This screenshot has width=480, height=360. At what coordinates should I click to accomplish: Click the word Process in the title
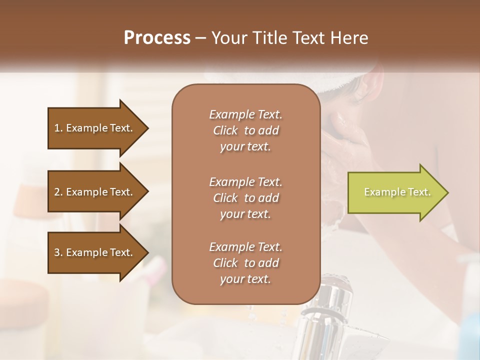coord(157,37)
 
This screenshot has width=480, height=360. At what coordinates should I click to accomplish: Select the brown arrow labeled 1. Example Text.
coord(95,128)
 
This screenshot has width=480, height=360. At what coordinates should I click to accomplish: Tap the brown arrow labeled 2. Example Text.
coord(95,192)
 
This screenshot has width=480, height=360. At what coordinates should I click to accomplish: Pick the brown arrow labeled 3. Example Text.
coord(95,252)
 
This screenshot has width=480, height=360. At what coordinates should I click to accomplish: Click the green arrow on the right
coord(395,192)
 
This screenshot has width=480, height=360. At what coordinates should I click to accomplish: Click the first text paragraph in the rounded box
coord(245,130)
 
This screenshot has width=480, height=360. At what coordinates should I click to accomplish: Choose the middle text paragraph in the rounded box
coord(245,197)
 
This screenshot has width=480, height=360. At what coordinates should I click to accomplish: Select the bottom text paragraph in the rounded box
coord(245,263)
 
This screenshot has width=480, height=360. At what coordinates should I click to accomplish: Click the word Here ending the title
coord(349,37)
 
